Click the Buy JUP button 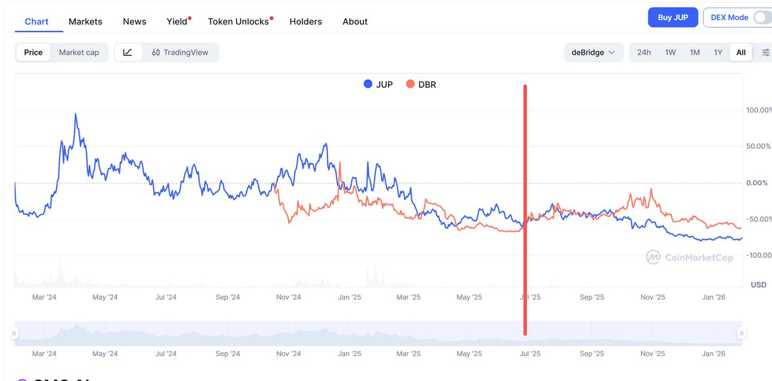[673, 17]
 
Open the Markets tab [86, 21]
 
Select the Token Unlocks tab [238, 21]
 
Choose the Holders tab [306, 21]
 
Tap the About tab [355, 21]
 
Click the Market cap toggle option [79, 52]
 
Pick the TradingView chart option [180, 52]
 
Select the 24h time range [644, 52]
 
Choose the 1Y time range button [718, 52]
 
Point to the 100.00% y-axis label [758, 110]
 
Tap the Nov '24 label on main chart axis [288, 297]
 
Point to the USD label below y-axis [758, 284]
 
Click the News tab [134, 21]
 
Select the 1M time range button [695, 52]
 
